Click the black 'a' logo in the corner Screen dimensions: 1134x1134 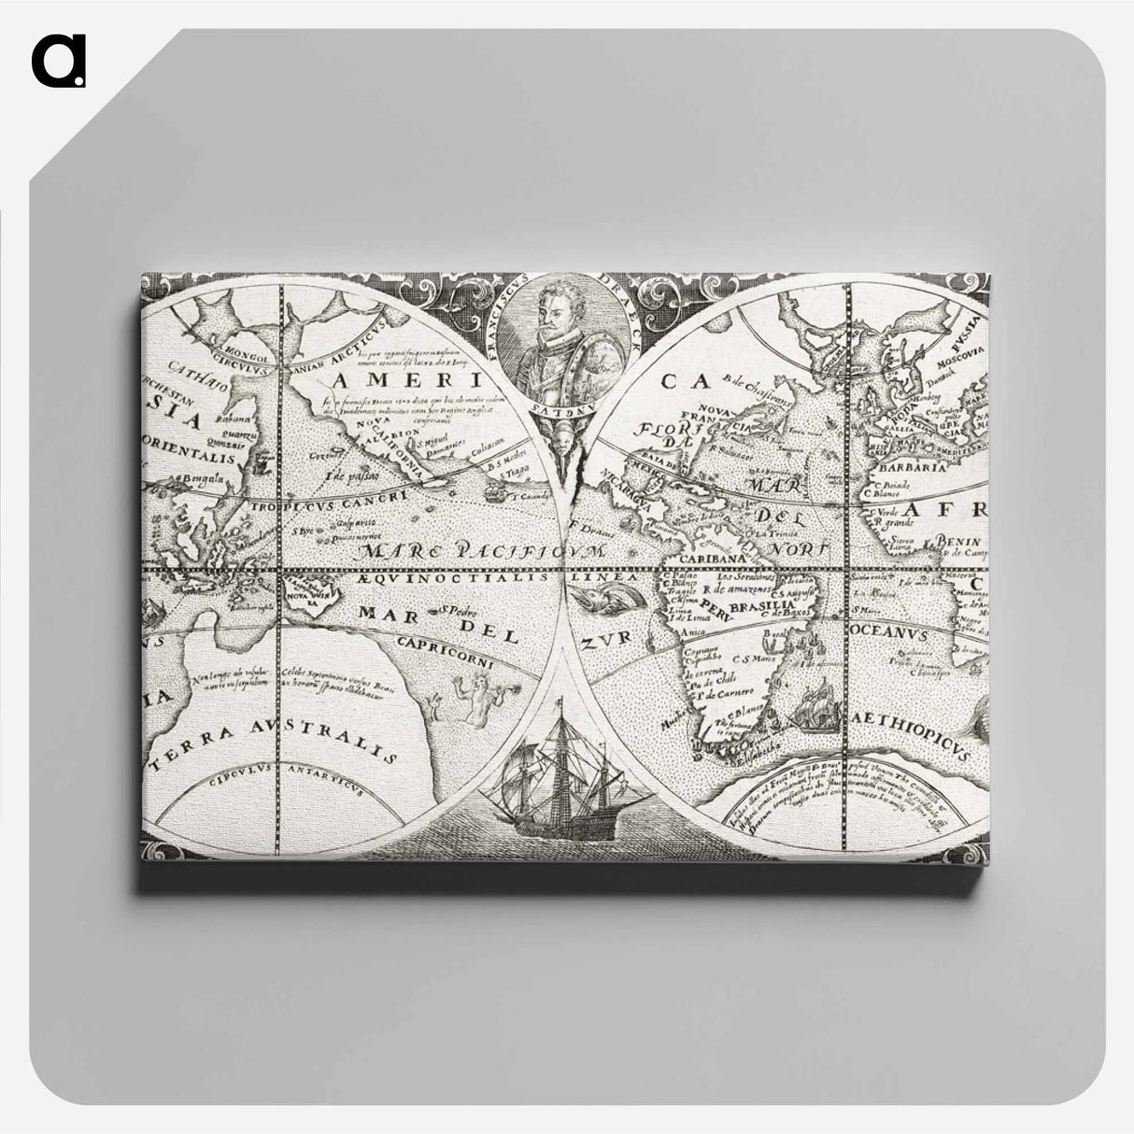point(58,61)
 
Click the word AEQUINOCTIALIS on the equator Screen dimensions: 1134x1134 point(431,580)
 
